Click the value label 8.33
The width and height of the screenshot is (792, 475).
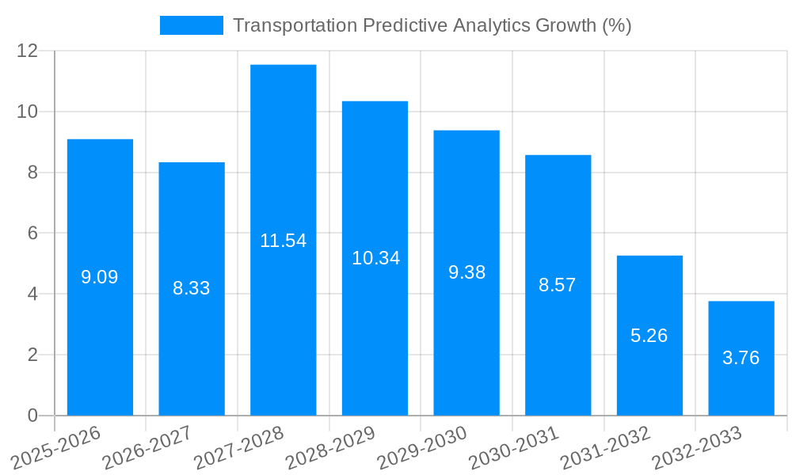pyautogui.click(x=192, y=288)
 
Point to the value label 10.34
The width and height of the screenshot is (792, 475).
pyautogui.click(x=375, y=258)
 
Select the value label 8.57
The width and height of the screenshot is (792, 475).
pyautogui.click(x=558, y=285)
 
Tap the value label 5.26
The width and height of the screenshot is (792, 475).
pyautogui.click(x=649, y=336)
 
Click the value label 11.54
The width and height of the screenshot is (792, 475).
pyautogui.click(x=283, y=241)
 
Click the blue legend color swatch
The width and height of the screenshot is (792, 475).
pyautogui.click(x=192, y=25)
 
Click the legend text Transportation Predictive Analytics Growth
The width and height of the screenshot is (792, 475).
pyautogui.click(x=432, y=25)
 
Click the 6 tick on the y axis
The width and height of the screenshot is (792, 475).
pyautogui.click(x=32, y=234)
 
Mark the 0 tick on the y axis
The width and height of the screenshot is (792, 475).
pyautogui.click(x=32, y=416)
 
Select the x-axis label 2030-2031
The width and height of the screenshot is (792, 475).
pyautogui.click(x=513, y=447)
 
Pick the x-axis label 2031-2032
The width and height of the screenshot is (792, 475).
pyautogui.click(x=605, y=447)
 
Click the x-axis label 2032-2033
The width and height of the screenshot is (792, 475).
pyautogui.click(x=696, y=447)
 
